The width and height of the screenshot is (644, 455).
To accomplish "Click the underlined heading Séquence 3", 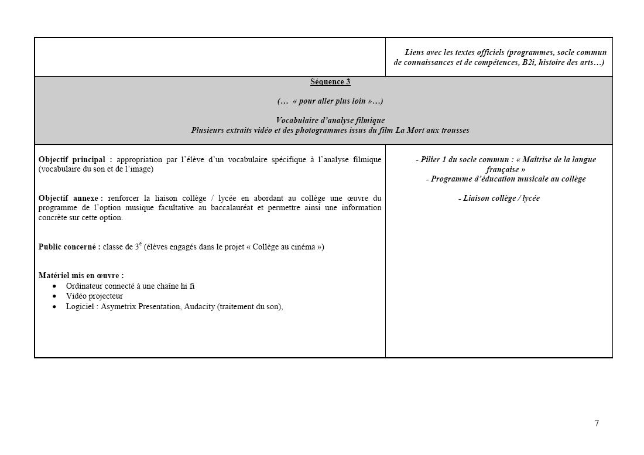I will coord(330,82).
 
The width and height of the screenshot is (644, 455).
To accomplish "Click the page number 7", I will coord(597,423).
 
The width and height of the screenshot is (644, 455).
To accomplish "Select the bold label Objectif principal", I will coord(74,159).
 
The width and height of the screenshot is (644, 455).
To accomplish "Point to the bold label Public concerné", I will coord(69,247).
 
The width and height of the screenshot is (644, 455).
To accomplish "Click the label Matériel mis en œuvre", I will coord(81,275).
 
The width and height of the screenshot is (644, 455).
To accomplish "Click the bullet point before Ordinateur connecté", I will coord(54,286).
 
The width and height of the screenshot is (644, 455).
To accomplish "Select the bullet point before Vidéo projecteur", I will coord(54,296).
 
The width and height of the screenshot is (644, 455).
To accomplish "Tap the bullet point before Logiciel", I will coord(54,307).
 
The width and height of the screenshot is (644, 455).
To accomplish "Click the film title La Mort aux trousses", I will coord(432,130).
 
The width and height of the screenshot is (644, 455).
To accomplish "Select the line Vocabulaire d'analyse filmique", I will coord(330,120).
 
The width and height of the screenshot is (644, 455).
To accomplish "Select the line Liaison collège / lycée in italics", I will coord(499,198).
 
